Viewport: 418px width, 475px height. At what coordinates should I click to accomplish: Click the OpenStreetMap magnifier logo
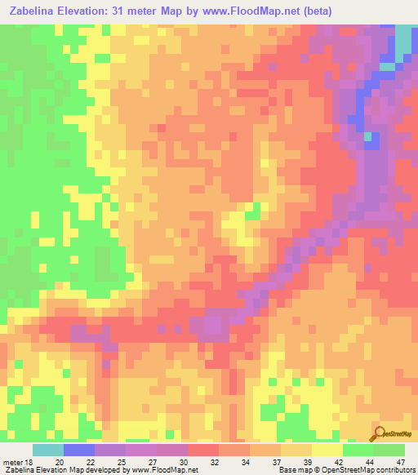378,433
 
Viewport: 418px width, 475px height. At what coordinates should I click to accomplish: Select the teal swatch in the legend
48,450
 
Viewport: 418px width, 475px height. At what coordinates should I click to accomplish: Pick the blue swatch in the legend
79,450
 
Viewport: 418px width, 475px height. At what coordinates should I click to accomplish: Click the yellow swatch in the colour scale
327,450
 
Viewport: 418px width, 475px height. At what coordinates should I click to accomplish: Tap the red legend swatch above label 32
203,450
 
